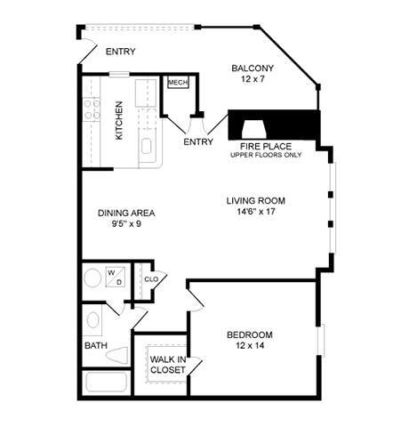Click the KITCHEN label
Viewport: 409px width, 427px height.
[119, 120]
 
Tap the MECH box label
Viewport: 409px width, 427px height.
[177, 83]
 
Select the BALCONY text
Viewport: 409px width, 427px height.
[253, 68]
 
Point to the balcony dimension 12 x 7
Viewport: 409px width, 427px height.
[253, 80]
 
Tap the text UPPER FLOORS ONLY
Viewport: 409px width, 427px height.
[266, 155]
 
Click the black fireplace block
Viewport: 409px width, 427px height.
[275, 122]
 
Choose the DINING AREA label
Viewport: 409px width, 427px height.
[126, 213]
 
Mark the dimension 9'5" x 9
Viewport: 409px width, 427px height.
[126, 224]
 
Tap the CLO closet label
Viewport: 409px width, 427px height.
[151, 278]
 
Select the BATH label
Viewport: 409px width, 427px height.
[95, 345]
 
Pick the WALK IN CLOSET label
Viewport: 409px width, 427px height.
[167, 364]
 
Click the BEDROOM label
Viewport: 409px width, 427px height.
[249, 334]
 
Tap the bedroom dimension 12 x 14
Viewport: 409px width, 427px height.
[249, 346]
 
